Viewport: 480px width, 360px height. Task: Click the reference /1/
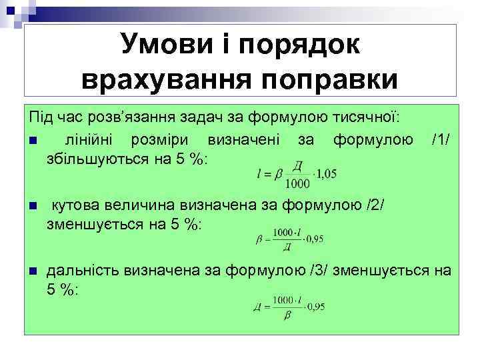click(x=441, y=140)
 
